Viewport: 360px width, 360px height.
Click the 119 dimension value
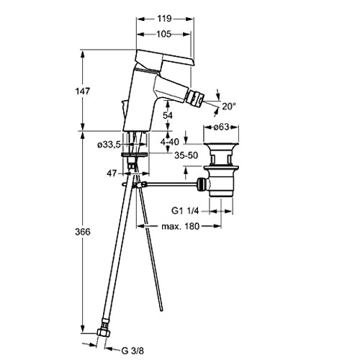coord(164,19)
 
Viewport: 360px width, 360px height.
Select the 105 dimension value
coord(164,34)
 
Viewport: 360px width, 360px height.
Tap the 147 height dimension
coord(83,91)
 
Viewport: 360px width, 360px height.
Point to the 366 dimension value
coord(83,232)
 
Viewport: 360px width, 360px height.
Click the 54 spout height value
coord(168,115)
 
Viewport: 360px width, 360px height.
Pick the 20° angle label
coord(229,106)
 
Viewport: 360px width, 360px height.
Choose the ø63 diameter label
coord(221,127)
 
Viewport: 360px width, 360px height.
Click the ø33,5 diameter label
coord(109,145)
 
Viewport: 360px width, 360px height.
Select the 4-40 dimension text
coord(170,142)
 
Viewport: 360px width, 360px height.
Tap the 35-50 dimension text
coord(186,156)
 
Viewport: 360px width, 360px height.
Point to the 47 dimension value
coord(112,173)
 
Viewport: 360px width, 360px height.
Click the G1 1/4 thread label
coord(185,211)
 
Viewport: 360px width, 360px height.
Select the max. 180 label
coord(181,226)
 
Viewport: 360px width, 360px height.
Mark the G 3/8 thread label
coord(132,351)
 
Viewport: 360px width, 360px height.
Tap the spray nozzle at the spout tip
coord(195,99)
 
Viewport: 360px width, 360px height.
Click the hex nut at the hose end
coord(104,333)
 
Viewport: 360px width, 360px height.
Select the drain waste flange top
coord(221,145)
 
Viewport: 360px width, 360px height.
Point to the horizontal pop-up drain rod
coord(171,184)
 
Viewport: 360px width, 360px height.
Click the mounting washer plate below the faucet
coord(135,155)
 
